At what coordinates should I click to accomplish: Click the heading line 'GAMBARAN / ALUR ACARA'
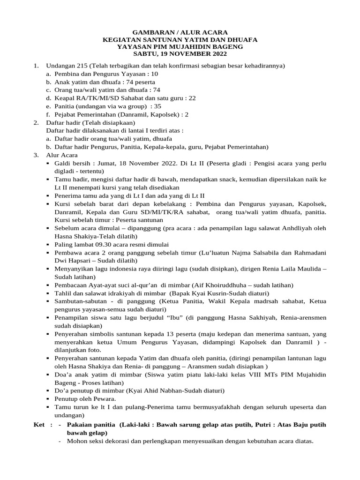[180, 32]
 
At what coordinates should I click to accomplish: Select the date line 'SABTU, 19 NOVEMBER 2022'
[180, 54]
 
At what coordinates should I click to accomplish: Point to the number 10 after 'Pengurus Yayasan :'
[154, 74]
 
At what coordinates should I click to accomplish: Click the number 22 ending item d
[192, 98]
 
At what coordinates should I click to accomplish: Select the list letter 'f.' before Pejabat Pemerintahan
[48, 114]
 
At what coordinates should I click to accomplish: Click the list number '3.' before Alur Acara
[36, 155]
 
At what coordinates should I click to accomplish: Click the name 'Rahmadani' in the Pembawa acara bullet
[309, 252]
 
